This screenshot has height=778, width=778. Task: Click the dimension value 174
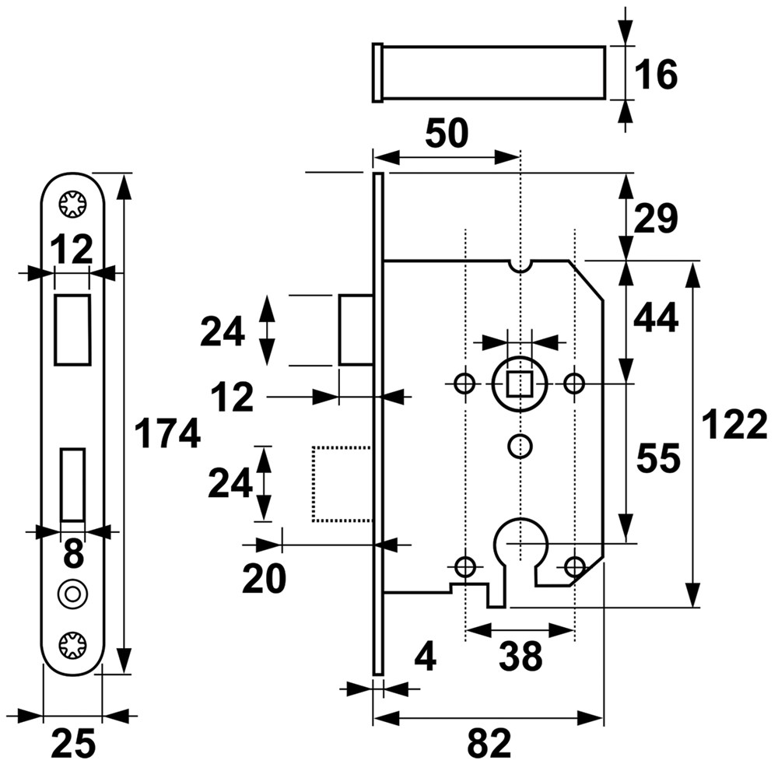pos(167,433)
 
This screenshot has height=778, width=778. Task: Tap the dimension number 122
pos(734,426)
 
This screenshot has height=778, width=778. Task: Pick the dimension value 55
pos(658,459)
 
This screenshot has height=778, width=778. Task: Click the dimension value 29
pos(655,219)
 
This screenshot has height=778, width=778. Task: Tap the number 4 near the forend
pos(425,658)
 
